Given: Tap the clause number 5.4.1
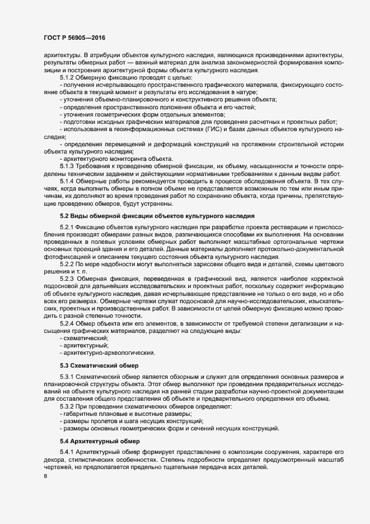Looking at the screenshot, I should [67, 452].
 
